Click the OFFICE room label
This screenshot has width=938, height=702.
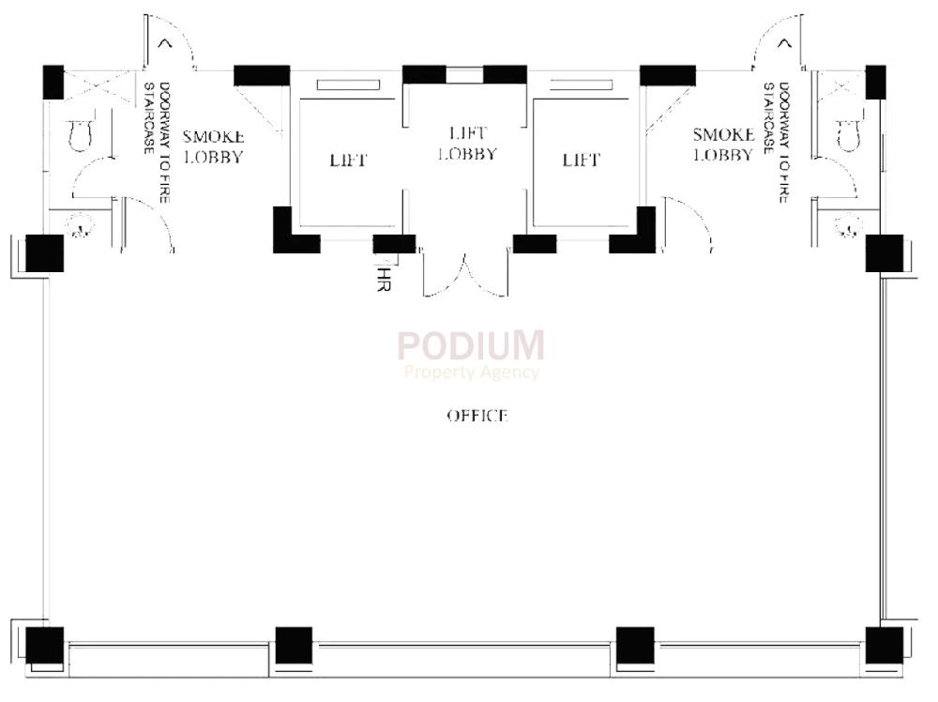pyautogui.click(x=477, y=415)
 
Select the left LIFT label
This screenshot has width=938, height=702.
pyautogui.click(x=348, y=160)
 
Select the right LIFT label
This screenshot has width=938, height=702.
pyautogui.click(x=581, y=160)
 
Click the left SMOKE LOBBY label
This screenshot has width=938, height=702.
pyautogui.click(x=213, y=147)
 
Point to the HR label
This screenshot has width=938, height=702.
pyautogui.click(x=382, y=280)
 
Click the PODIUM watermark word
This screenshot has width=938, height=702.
pyautogui.click(x=470, y=345)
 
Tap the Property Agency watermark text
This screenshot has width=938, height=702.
pyautogui.click(x=471, y=373)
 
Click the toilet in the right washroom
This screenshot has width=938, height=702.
pyautogui.click(x=848, y=136)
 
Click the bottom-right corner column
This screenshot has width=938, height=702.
pyautogui.click(x=884, y=645)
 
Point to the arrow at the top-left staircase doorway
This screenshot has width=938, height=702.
pyautogui.click(x=167, y=41)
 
